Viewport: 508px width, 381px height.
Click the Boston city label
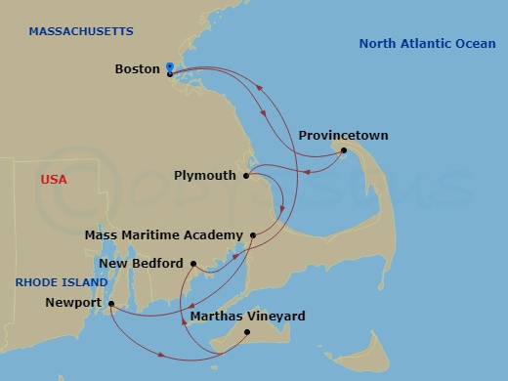tap(137, 69)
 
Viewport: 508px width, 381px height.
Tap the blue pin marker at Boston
tap(170, 67)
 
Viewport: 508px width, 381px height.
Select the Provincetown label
tap(343, 136)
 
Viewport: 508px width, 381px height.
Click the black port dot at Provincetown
tap(343, 150)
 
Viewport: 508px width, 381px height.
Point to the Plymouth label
tap(205, 176)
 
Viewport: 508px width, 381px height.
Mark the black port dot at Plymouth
tap(247, 176)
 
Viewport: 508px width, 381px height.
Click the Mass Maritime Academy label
tap(163, 235)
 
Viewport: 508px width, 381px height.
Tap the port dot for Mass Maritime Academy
tap(253, 235)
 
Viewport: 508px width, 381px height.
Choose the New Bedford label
tap(141, 264)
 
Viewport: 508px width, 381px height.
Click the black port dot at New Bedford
tap(193, 264)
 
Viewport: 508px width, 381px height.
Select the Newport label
tap(73, 303)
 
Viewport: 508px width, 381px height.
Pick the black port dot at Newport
tap(111, 303)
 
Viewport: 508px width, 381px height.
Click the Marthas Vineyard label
tap(247, 317)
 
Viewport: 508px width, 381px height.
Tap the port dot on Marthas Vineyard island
tap(247, 332)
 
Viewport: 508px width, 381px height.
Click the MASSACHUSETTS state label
tap(80, 32)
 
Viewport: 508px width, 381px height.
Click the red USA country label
tap(54, 181)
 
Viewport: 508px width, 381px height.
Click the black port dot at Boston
tap(170, 74)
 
